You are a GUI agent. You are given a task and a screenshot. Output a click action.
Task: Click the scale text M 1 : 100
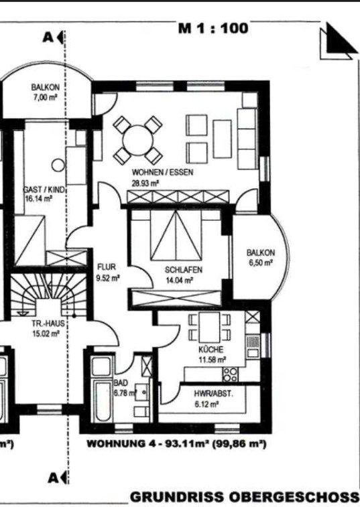(213, 28)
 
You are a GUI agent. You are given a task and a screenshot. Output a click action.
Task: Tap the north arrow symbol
(339, 42)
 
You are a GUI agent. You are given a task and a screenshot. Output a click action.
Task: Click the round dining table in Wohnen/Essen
(138, 141)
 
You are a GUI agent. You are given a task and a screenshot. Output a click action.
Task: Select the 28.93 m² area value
(145, 184)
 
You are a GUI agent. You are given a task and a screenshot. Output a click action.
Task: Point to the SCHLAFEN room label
(184, 270)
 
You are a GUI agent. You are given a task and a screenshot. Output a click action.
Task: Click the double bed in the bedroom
(176, 235)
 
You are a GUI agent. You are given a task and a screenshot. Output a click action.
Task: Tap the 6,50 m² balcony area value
(261, 263)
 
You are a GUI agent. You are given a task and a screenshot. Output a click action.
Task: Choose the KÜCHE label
(211, 350)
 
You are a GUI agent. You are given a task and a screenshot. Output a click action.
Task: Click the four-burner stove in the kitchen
(230, 374)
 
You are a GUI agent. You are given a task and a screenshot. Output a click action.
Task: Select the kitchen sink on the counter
(253, 346)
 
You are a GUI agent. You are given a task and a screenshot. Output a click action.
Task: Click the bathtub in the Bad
(101, 401)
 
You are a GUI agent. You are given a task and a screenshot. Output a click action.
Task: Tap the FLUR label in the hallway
(107, 267)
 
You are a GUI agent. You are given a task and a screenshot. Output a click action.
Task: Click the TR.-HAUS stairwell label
(48, 323)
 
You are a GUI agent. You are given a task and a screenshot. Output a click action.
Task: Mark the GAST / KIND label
(45, 190)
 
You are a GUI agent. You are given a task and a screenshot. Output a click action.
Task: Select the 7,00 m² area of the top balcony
(46, 97)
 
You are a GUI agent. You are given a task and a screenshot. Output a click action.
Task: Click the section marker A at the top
(48, 38)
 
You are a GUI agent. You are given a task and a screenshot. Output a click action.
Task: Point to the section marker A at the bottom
(53, 478)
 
